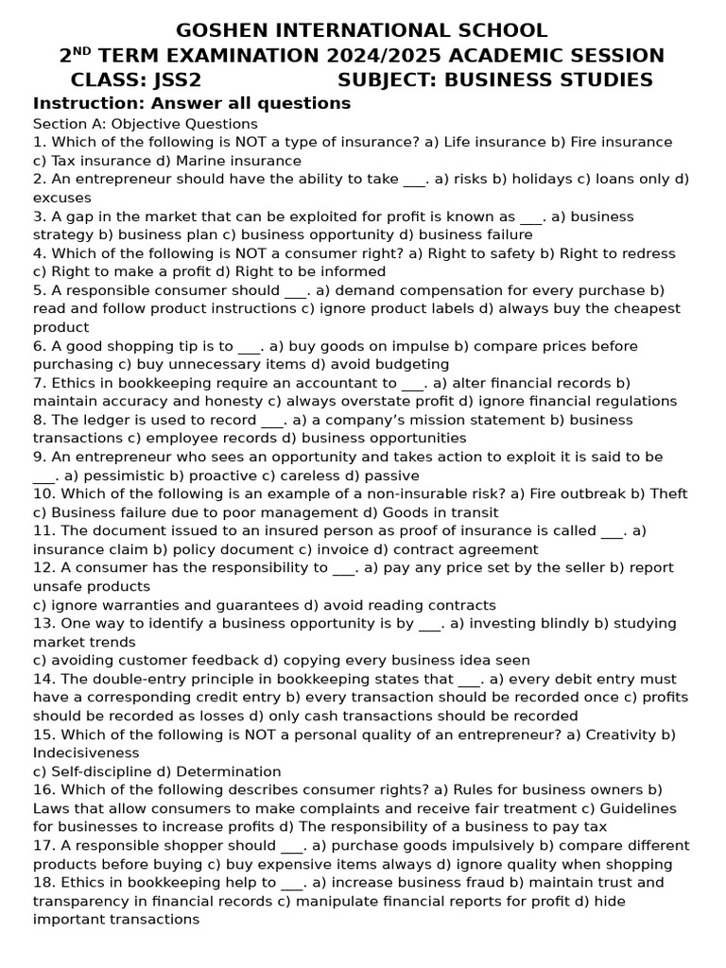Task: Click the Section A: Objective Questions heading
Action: click(145, 124)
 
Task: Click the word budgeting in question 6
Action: click(408, 365)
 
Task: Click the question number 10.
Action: click(43, 494)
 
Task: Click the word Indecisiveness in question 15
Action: click(86, 753)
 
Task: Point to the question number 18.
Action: click(43, 883)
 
